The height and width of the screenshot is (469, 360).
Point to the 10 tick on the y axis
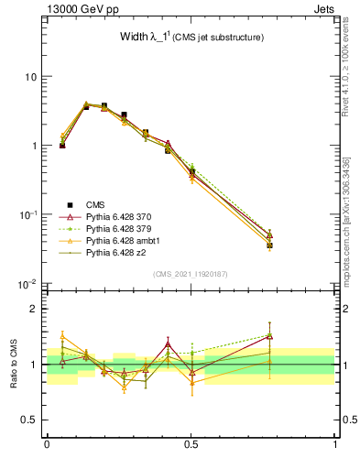(30, 76)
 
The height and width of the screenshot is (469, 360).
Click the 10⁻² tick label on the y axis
(27, 284)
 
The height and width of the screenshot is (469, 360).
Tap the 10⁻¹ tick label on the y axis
(27, 214)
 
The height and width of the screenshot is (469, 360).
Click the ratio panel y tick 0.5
(30, 420)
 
